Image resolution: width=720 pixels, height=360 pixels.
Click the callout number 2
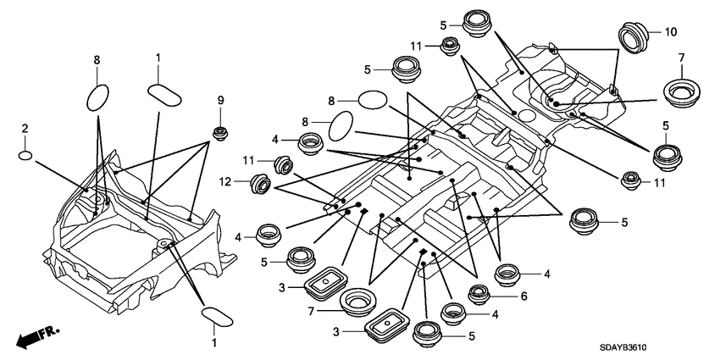coord(25,128)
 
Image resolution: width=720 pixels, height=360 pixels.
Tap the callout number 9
coord(221,101)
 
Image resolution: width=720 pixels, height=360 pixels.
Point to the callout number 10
coord(671,32)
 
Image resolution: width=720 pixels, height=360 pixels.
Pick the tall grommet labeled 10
coord(631,37)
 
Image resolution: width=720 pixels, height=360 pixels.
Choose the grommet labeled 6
coord(478,295)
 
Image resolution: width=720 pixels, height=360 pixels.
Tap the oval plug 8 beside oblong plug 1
coord(98,96)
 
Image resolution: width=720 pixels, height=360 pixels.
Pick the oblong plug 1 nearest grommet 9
coord(166,91)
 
